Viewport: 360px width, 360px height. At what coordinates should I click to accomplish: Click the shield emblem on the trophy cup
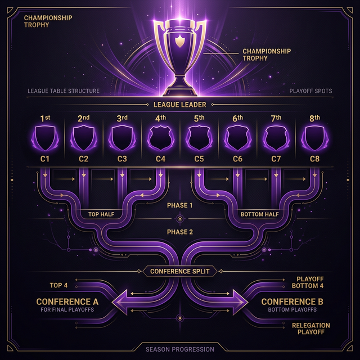point(179,40)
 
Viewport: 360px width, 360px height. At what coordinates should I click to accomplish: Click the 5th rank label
point(199,118)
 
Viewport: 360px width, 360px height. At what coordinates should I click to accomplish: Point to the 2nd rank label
point(84,118)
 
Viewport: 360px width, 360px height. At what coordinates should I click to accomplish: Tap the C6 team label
point(237,159)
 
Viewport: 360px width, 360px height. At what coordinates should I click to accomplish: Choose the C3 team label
point(122,159)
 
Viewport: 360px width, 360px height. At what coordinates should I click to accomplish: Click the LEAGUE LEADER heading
point(179,105)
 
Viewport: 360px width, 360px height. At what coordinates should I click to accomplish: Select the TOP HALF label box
point(101,214)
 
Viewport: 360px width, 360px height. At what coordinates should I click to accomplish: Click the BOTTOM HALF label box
point(259,214)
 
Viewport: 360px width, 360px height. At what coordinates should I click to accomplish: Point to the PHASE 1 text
point(180,205)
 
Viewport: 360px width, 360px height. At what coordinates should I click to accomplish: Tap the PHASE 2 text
point(180,232)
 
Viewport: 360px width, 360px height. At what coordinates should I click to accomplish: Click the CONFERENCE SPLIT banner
point(180,271)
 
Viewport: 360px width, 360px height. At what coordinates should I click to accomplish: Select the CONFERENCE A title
point(67,301)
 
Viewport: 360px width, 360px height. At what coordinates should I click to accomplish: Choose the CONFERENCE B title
point(292,301)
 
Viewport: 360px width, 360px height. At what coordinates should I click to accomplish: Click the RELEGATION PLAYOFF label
point(311,329)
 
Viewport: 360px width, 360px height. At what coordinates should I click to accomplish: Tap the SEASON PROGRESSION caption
point(180,349)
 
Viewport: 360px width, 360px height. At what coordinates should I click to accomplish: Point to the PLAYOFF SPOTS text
point(310,91)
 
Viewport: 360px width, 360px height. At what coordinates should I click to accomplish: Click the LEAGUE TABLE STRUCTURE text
point(64,91)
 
